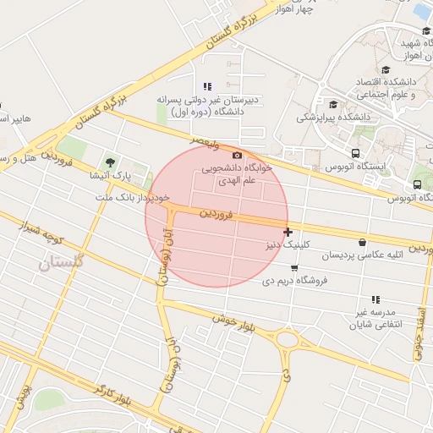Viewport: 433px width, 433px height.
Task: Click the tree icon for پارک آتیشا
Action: (x=110, y=162)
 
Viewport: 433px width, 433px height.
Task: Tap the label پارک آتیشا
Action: (x=111, y=177)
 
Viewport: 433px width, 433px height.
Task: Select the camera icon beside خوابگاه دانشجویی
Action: (x=237, y=156)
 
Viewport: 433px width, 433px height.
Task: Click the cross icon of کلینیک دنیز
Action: (x=288, y=231)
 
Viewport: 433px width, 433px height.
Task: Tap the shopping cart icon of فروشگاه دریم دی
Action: (x=293, y=268)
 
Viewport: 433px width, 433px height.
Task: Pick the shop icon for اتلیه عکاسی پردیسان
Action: (x=363, y=242)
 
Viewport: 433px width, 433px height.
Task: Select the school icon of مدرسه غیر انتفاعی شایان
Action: (x=375, y=299)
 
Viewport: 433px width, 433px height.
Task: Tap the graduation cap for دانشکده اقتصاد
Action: (x=386, y=71)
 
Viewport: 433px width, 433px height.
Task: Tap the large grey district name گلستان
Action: (x=62, y=265)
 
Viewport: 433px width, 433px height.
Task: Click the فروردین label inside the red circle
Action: (x=215, y=215)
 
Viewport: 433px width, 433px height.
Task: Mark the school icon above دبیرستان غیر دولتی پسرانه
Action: (x=207, y=86)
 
